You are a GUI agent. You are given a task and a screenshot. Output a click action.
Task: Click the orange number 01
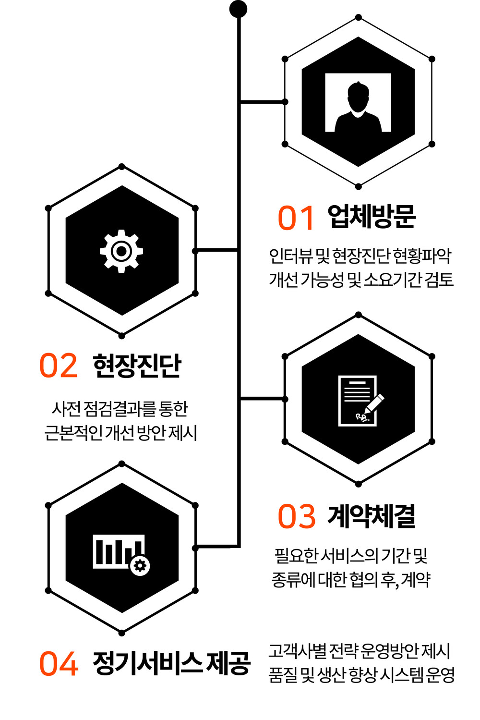(x=296, y=218)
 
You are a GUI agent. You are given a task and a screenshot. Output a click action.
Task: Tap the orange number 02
(x=59, y=365)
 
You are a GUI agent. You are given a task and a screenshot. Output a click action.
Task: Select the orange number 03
(x=296, y=516)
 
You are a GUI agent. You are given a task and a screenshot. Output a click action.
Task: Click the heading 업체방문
(x=372, y=217)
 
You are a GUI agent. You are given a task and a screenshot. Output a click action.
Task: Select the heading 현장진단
(x=137, y=366)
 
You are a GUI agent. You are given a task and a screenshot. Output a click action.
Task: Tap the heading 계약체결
(x=372, y=516)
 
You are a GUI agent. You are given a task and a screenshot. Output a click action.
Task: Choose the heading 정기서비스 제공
(x=171, y=663)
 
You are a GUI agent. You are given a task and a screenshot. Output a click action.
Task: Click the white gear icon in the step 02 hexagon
(x=121, y=251)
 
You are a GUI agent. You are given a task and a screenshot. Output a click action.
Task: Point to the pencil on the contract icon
(x=373, y=403)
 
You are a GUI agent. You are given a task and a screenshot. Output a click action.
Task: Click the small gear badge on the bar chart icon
(x=140, y=566)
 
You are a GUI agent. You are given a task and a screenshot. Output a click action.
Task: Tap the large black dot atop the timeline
(x=239, y=9)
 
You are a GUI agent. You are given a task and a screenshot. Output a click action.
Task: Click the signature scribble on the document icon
(x=362, y=417)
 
